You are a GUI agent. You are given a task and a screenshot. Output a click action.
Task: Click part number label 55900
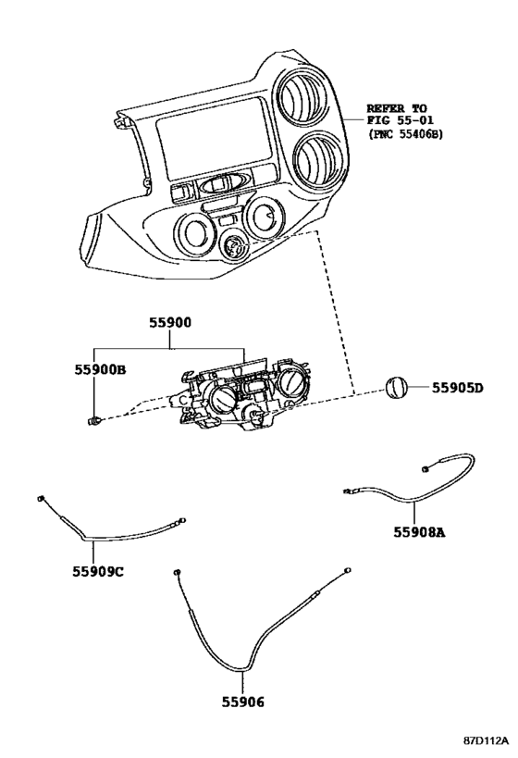click(169, 323)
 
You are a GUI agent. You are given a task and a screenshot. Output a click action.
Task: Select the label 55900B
click(101, 370)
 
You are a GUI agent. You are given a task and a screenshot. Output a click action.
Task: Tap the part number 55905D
click(457, 388)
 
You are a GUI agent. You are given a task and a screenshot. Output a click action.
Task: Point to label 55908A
click(419, 532)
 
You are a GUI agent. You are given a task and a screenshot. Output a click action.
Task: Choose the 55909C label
click(98, 572)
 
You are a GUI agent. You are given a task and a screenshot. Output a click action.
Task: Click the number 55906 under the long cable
click(243, 702)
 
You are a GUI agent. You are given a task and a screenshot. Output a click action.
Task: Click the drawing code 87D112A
click(487, 740)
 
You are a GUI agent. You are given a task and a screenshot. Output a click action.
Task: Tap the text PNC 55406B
click(405, 134)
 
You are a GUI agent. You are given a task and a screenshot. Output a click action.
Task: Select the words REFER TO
click(397, 108)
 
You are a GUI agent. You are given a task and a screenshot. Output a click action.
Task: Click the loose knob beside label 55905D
click(396, 388)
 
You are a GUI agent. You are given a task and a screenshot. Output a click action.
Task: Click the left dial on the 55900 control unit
click(223, 398)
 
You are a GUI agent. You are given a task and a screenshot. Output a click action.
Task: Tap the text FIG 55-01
click(401, 120)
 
